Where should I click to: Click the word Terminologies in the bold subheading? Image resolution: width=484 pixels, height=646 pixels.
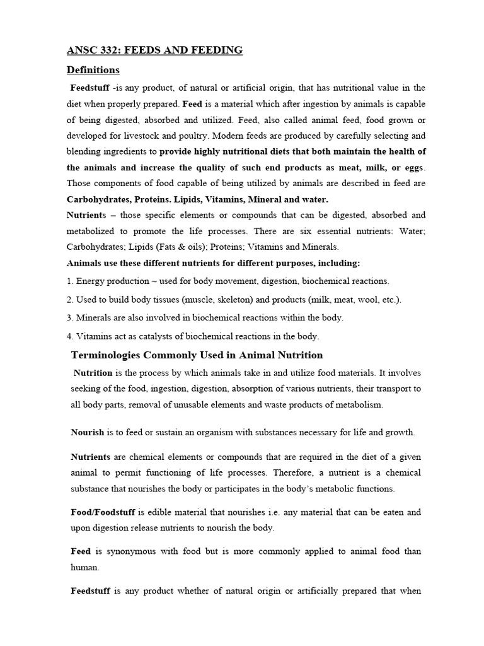(103, 355)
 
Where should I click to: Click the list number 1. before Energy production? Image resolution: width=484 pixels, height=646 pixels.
(70, 281)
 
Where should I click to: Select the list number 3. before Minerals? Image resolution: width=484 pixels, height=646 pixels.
(70, 317)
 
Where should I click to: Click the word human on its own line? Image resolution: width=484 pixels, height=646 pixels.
(84, 567)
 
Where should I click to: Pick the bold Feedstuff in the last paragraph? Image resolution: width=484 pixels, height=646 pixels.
(90, 591)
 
